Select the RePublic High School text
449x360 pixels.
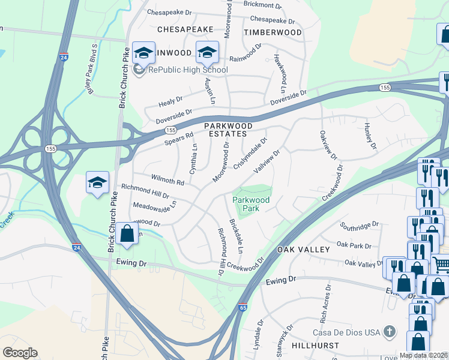tap(188, 70)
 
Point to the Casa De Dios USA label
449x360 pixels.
tap(346, 332)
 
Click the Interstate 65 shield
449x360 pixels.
tap(243, 307)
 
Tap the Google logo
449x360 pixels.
tap(20, 353)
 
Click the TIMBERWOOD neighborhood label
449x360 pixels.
tap(273, 32)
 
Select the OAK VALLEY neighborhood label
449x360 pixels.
tap(303, 249)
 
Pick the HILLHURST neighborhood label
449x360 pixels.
tap(315, 347)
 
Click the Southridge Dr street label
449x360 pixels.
tap(360, 225)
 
